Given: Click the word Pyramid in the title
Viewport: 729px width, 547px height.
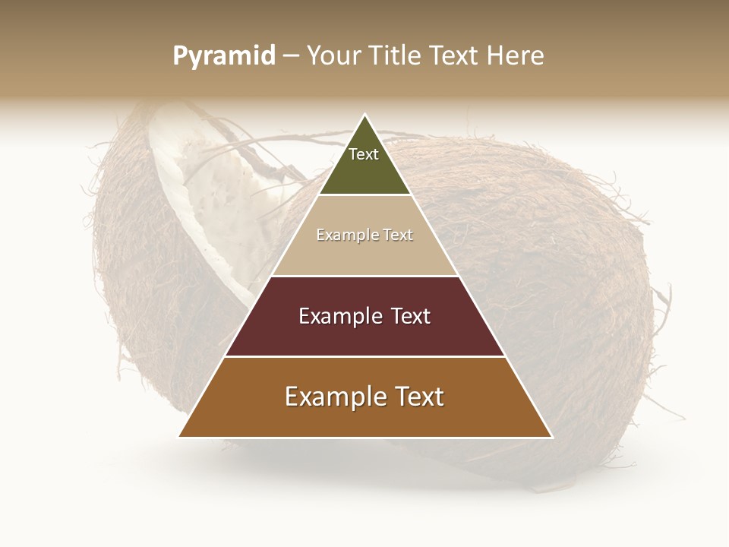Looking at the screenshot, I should pos(223,56).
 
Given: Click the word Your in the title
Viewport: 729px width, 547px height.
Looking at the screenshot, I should pos(333,55).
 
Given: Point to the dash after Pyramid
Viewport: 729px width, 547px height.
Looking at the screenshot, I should pos(290,56).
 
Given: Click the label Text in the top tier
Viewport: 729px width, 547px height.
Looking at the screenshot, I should pos(364,154).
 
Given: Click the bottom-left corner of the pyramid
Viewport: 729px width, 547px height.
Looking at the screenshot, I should pos(180,436).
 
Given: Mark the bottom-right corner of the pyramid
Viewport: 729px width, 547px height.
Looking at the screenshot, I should pos(551,436).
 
